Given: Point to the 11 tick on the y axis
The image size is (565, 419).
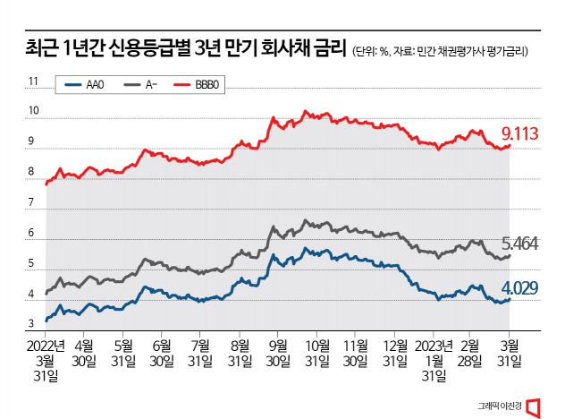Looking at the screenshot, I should [x=34, y=81].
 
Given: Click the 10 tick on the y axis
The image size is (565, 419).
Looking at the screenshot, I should [x=34, y=112].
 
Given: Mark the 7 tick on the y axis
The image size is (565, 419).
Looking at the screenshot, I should [x=32, y=203].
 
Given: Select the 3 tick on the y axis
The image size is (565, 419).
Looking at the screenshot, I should [x=32, y=324].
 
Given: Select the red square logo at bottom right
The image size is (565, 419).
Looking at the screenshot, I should [x=535, y=405].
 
